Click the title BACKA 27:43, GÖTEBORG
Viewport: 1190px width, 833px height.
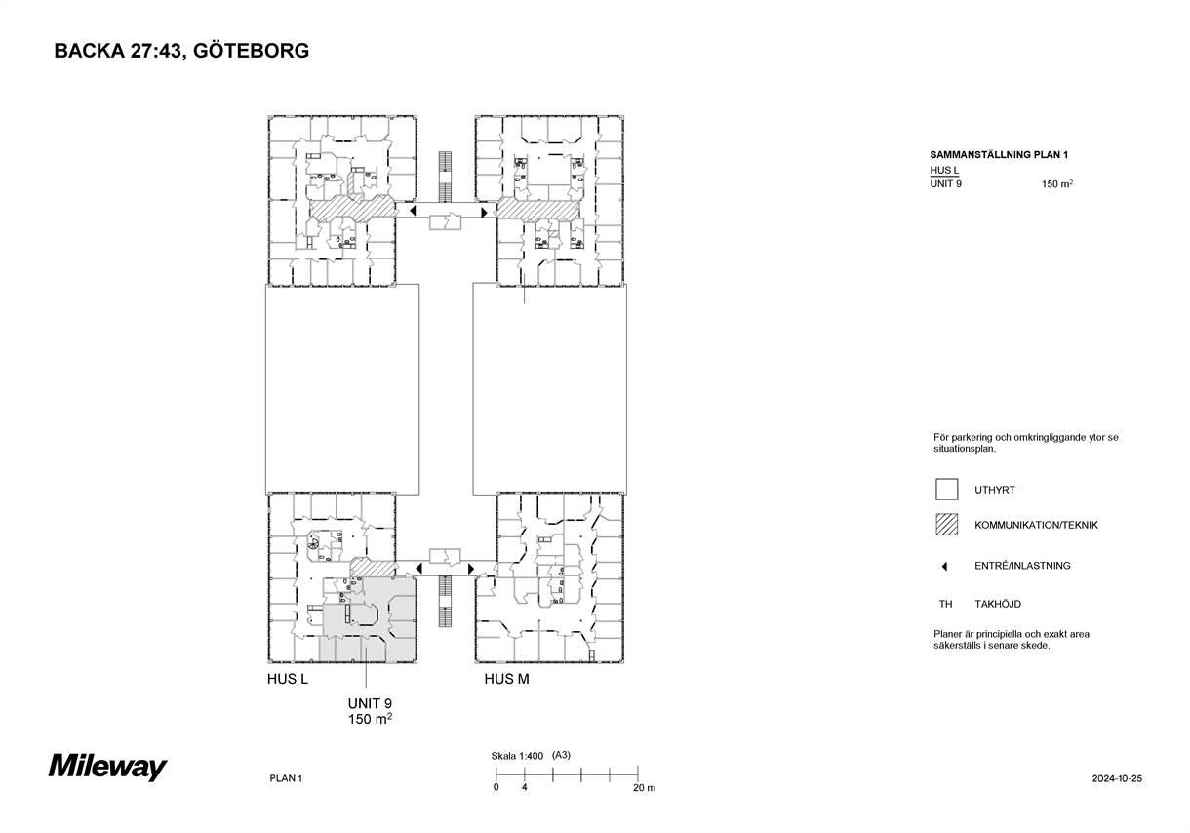[x=181, y=51]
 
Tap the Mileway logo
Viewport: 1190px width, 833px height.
[x=108, y=767]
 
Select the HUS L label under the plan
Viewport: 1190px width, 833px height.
[x=288, y=679]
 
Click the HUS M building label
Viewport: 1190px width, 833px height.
[x=506, y=679]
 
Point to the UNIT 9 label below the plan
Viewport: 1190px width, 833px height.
[x=370, y=703]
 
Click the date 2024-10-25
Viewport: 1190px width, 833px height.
[x=1117, y=778]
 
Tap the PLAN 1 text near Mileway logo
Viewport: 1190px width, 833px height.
[x=286, y=778]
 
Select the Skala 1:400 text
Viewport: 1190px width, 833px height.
[x=517, y=756]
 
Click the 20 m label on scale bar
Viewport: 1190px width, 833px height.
[x=644, y=788]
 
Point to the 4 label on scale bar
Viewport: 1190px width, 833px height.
[x=525, y=787]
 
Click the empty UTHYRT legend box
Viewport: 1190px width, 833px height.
[x=947, y=490]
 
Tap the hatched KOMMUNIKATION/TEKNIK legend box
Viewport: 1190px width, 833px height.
[x=947, y=525]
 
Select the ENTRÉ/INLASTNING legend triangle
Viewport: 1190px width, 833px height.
[x=944, y=567]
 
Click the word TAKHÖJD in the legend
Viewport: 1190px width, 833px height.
[x=998, y=604]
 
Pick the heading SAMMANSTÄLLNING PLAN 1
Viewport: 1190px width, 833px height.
[x=999, y=154]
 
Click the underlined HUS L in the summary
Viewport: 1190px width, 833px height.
[x=944, y=171]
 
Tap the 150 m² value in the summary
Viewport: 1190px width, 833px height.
[x=1056, y=183]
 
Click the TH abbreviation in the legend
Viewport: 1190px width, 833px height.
[x=945, y=604]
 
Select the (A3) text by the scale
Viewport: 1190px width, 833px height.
[x=561, y=755]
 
